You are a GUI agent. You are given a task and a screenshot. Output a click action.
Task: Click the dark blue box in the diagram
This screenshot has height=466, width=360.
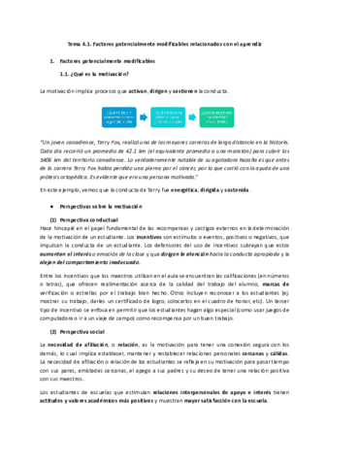(116, 119)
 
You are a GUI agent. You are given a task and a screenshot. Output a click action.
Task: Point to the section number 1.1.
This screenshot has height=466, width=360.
(65, 74)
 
